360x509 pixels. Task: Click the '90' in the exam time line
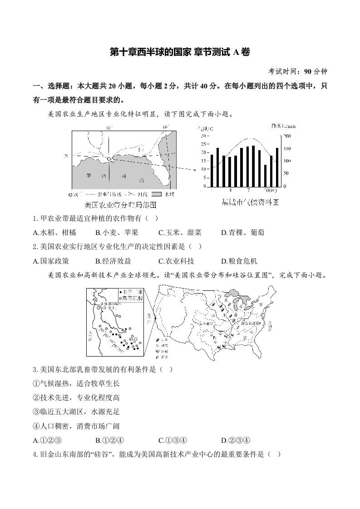coord(308,71)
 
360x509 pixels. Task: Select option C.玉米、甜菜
coord(180,232)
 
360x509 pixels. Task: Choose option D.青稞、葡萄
coord(242,232)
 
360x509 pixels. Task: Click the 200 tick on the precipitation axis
coord(287,136)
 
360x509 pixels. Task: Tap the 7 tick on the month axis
coord(248,191)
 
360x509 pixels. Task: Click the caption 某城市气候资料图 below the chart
coord(249,202)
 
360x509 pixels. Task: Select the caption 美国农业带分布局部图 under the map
coord(118,205)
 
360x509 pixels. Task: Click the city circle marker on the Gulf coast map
coord(109,159)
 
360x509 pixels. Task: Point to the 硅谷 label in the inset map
coord(133,338)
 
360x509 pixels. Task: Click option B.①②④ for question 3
coord(110,440)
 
